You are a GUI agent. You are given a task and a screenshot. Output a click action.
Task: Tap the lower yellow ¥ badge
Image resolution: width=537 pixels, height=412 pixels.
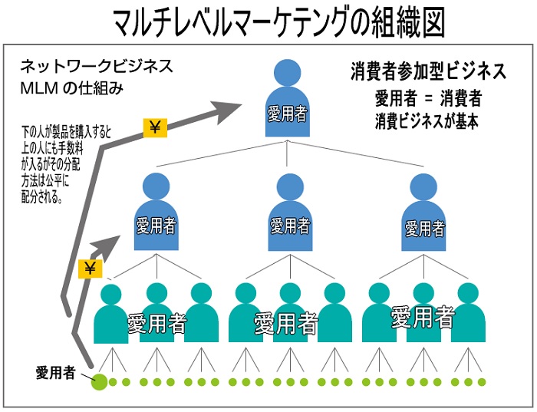(91, 268)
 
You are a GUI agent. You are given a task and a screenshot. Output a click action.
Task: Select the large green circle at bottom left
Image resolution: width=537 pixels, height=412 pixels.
(99, 381)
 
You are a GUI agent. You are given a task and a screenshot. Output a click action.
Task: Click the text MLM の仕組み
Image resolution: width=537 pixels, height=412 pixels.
(72, 87)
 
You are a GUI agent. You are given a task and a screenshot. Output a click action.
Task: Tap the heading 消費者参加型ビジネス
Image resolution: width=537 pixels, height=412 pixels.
(427, 72)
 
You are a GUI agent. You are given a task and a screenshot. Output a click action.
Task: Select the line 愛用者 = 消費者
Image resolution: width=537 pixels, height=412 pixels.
(428, 98)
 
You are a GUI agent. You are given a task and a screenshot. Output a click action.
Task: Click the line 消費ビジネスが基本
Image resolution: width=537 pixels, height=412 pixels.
(427, 120)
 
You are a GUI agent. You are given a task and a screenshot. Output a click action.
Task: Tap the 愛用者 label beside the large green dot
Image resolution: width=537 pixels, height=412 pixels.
(55, 373)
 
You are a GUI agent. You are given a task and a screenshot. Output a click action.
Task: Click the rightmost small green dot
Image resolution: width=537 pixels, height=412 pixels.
(482, 382)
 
